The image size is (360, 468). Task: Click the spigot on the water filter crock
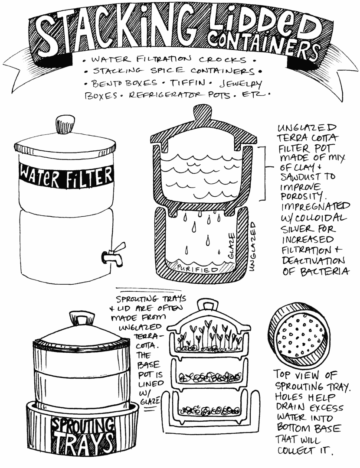(x=114, y=255)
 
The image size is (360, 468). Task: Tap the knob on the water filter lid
(x=65, y=124)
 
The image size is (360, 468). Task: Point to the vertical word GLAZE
(x=231, y=246)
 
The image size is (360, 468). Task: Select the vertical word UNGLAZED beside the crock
(x=252, y=247)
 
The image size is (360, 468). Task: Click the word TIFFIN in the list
(x=188, y=82)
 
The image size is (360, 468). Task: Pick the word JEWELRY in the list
(x=241, y=84)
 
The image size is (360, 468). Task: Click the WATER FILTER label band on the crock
(x=66, y=176)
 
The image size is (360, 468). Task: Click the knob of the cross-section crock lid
(x=202, y=113)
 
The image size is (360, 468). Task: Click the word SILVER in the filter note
(x=297, y=229)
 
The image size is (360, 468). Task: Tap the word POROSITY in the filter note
(x=301, y=197)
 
